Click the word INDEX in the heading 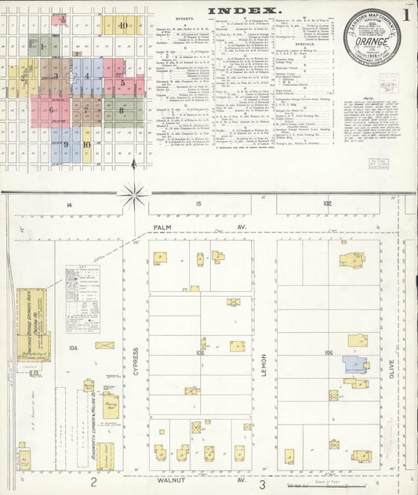pos(244,10)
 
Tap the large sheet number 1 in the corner pos(405,14)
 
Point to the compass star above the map pos(133,193)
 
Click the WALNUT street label pos(170,483)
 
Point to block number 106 pos(328,352)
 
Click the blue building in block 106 pos(354,364)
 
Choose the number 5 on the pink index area pos(123,82)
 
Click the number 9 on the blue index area pos(66,145)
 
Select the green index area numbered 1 pos(42,46)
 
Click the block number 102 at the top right pos(326,204)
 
